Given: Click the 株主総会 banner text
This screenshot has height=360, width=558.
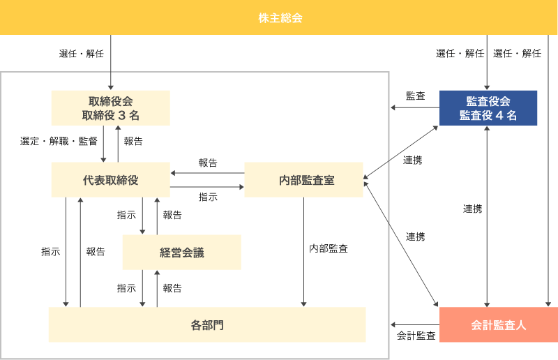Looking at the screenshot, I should coord(279,17).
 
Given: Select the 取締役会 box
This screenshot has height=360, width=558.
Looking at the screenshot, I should coord(110,108).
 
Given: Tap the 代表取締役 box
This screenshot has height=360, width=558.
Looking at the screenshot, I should coord(110,180).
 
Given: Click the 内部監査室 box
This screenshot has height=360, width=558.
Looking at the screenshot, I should coord(303,180).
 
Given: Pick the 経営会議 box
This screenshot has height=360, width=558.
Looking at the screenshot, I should coord(181,253).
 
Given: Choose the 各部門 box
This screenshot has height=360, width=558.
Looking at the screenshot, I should coord(207,325).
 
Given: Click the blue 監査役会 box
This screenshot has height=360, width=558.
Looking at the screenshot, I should coord(488,108).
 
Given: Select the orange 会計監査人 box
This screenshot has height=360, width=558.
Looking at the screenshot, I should coord(498,325).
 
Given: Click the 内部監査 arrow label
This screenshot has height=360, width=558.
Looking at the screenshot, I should coord(329,248).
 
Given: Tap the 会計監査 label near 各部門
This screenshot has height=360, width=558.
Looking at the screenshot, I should coord(416,336).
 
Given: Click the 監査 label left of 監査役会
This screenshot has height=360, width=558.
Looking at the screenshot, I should coord(415,96).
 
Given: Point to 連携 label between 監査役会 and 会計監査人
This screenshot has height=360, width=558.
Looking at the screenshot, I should coord(472,209).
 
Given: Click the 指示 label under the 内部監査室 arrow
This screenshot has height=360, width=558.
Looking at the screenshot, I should coord(208,197).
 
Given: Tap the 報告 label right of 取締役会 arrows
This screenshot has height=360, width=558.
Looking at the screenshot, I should coord(133,141).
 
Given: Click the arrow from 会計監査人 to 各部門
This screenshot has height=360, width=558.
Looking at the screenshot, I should coord(414,325).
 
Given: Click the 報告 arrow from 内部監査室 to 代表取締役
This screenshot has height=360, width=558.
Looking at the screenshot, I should coord(207,173).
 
